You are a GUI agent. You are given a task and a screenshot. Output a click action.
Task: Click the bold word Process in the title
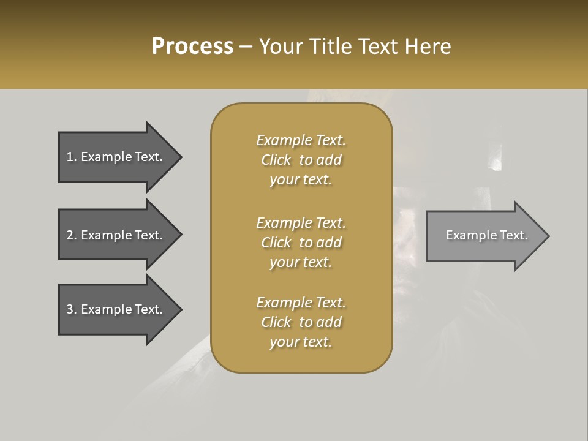coord(192,47)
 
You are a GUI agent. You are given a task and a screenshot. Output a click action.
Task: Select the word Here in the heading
coord(427,47)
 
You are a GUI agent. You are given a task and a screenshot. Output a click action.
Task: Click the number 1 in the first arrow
coord(70,157)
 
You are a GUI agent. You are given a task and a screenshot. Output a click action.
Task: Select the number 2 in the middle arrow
coord(70,235)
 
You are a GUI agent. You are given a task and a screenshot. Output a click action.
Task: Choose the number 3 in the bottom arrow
coord(70,309)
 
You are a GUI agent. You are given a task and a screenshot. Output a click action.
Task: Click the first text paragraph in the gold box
coord(301,160)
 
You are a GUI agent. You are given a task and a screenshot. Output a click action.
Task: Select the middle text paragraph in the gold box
coord(301,243)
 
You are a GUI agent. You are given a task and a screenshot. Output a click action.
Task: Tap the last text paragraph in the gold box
coord(301,322)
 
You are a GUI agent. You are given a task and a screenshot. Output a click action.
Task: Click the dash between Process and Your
coord(246,47)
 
